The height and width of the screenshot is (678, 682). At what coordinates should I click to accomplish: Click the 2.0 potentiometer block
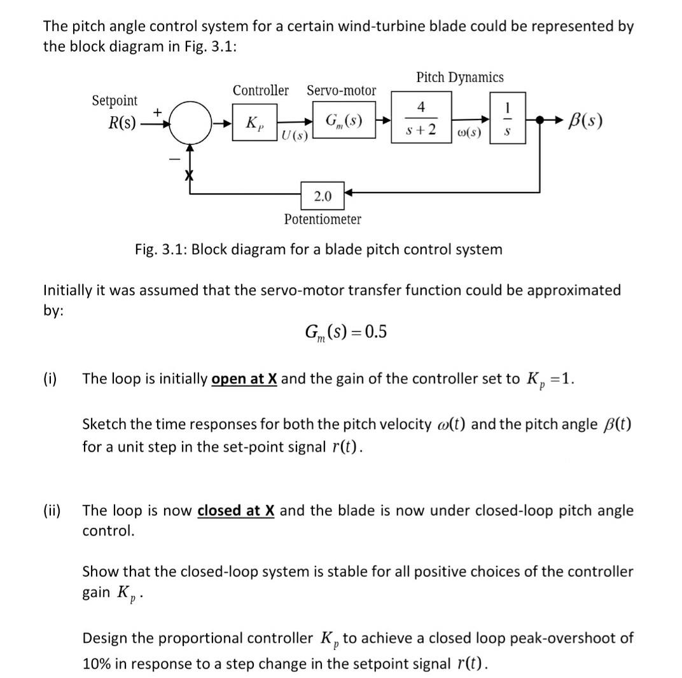point(322,197)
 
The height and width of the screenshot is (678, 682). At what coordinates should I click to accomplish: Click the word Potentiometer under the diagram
point(322,219)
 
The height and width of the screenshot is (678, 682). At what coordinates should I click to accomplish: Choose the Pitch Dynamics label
point(459,78)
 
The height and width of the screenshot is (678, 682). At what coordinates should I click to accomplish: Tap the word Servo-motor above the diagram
point(341,91)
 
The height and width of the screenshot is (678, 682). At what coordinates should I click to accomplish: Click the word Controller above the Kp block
point(260,91)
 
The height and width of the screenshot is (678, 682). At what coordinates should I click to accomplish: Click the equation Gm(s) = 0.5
point(345,333)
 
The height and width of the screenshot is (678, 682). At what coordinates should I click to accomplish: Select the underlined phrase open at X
point(244,379)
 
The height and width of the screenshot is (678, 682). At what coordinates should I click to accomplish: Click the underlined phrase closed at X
point(236,511)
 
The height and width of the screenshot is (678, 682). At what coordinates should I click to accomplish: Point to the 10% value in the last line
point(96,663)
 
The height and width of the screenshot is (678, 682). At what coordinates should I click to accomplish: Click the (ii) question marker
point(52,511)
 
